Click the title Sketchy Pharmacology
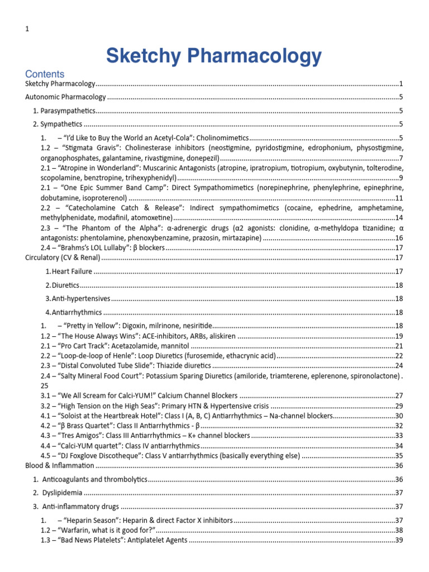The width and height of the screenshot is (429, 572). pos(214,56)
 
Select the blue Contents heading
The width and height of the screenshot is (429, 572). pos(45,74)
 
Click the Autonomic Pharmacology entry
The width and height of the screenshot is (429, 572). pos(65,97)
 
